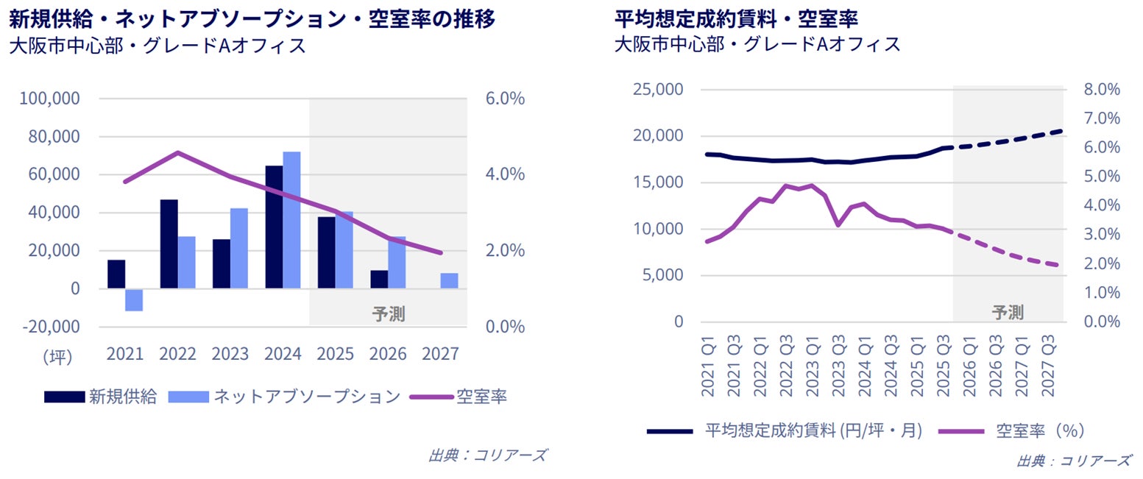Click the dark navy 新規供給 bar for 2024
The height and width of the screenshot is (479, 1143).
pos(274,227)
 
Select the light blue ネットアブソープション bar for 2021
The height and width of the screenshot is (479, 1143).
pos(134,299)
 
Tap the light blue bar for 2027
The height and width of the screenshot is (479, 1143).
pos(449,280)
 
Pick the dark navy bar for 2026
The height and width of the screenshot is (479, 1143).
pos(379,280)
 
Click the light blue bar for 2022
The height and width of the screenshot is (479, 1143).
pos(187,262)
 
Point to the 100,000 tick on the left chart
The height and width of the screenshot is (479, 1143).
pos(53,99)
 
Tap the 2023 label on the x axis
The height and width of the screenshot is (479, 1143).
pos(230,354)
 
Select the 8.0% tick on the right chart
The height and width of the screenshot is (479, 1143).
pos(1102,90)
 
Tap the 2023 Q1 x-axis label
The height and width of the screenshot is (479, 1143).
pos(812,365)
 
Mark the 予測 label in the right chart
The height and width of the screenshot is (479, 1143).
pos(1007,312)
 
